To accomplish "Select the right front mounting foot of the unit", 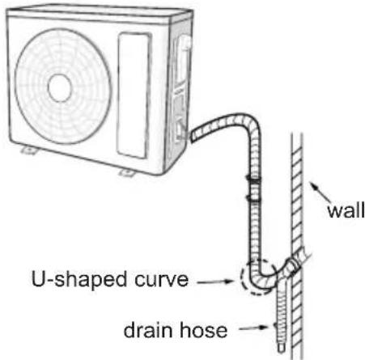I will tap(127, 172).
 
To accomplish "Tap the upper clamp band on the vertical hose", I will tap(253, 176).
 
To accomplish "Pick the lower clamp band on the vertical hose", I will tap(253, 194).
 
